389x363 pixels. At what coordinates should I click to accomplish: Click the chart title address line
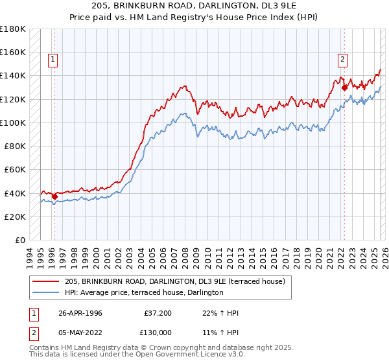click(194, 6)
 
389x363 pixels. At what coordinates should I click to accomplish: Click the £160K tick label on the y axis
click(13, 52)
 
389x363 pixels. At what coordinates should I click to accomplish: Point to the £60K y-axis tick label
click(15, 169)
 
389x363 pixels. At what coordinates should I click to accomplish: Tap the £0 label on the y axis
click(20, 240)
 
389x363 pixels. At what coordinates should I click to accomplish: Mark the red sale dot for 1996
click(54, 196)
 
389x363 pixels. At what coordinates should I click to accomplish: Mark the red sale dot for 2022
click(344, 88)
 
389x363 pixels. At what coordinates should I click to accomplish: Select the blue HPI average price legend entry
click(144, 293)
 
